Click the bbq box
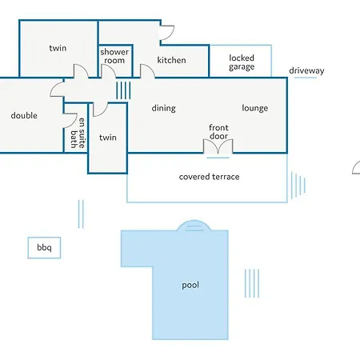click(x=44, y=248)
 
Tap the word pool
click(x=190, y=286)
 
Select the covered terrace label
click(x=209, y=177)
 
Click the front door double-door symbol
click(x=218, y=146)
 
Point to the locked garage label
click(x=242, y=62)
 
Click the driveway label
click(x=306, y=70)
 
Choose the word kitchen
click(x=171, y=60)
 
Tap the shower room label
click(x=114, y=56)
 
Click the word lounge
click(x=255, y=108)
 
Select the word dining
click(x=164, y=108)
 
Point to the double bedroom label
click(x=24, y=115)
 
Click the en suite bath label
click(x=78, y=133)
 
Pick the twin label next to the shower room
click(x=58, y=48)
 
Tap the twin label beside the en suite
click(x=108, y=138)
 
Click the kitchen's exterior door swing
click(x=167, y=33)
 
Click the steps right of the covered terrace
click(x=298, y=186)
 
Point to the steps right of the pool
click(x=252, y=283)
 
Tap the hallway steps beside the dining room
click(x=123, y=90)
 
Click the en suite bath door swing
click(x=70, y=121)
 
